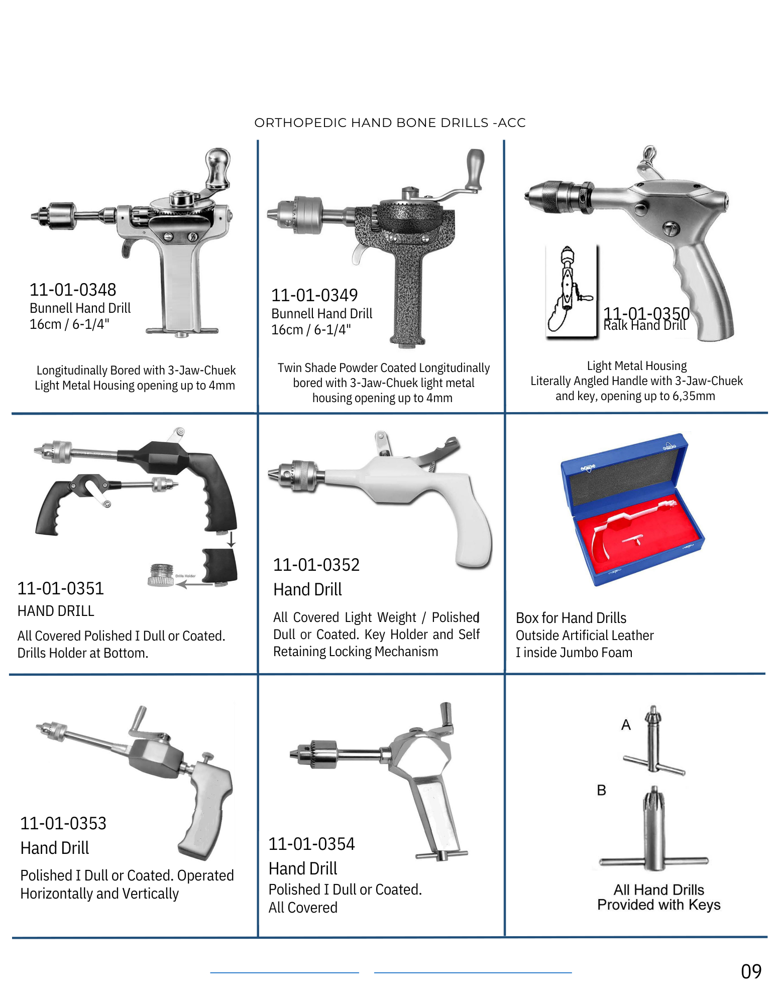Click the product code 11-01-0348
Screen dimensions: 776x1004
tap(73, 290)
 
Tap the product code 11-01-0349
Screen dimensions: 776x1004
tap(314, 295)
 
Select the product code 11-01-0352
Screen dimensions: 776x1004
tap(316, 565)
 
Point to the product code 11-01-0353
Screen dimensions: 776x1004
tap(63, 823)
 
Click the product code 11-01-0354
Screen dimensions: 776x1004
tap(311, 844)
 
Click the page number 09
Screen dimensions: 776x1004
tap(751, 972)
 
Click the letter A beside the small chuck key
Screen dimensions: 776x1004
tap(626, 725)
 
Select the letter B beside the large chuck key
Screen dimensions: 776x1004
tap(601, 790)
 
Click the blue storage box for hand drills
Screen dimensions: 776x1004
tap(632, 510)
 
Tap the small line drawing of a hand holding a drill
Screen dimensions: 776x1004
tap(571, 290)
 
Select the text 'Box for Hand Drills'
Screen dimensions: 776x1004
tap(571, 618)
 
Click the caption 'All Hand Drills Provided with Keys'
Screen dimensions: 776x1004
tap(659, 897)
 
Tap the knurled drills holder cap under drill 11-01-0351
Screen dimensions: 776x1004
tap(161, 575)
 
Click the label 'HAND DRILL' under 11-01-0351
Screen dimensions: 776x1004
tap(56, 611)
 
